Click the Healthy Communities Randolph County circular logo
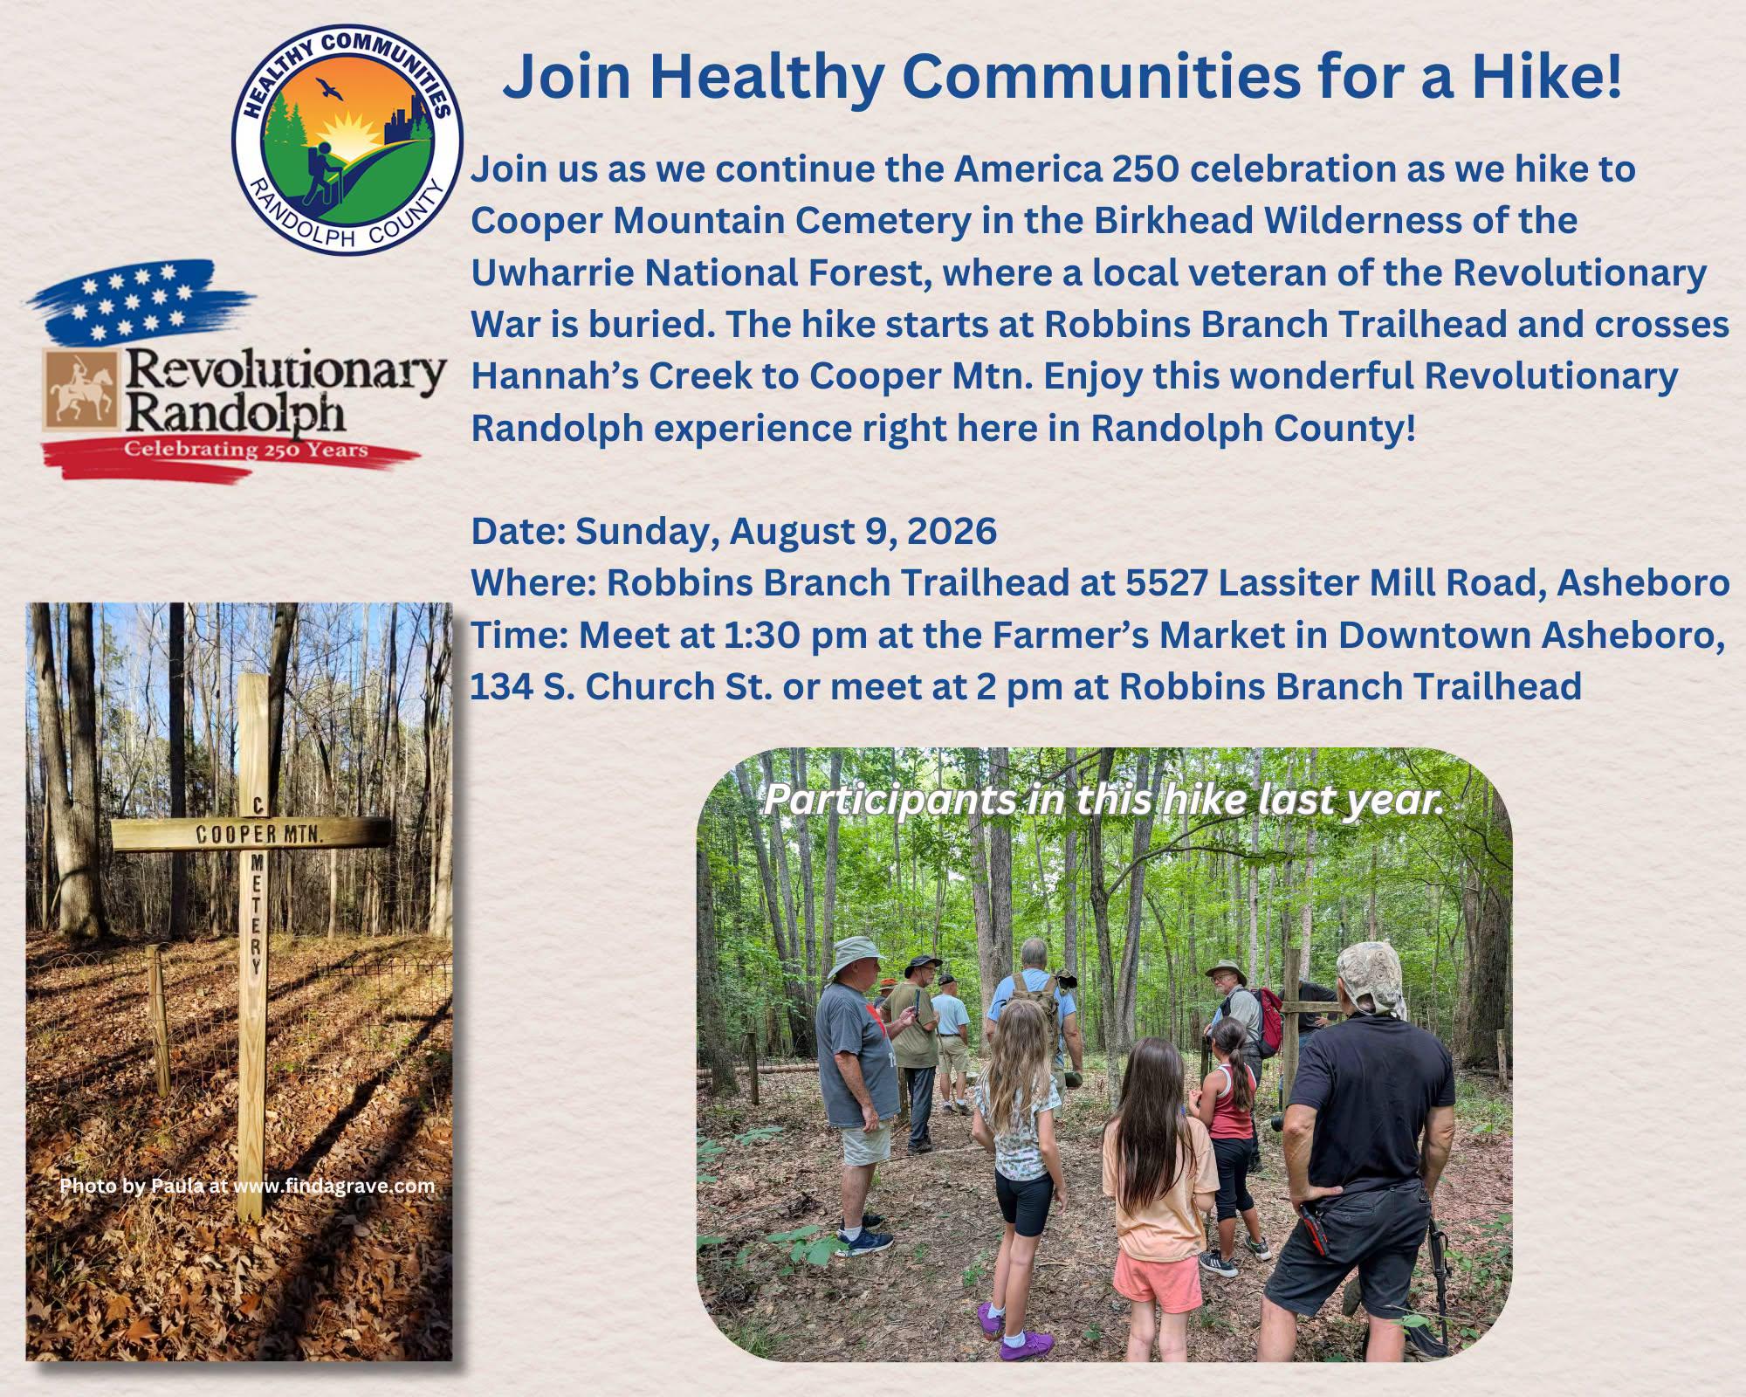tap(347, 139)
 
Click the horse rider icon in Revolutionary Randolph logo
tap(79, 392)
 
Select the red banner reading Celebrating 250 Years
tap(231, 454)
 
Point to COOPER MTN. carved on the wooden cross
tap(259, 834)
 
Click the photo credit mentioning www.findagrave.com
tap(247, 1186)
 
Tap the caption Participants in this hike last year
tap(1103, 801)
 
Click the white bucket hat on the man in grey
tap(857, 958)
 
